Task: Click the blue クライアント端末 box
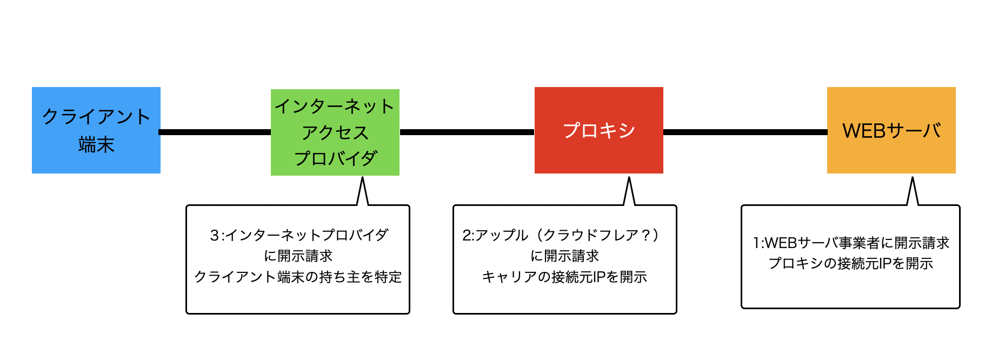pos(96,130)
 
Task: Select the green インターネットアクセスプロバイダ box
pos(335,132)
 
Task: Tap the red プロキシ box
pos(599,130)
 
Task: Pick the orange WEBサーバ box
pos(891,130)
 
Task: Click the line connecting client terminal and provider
pos(215,132)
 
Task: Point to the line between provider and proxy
pos(467,132)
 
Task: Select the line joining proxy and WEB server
pos(745,132)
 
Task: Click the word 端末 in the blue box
pos(96,145)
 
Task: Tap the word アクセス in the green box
pos(335,132)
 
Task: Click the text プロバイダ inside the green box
pos(335,158)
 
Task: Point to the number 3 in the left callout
pos(214,235)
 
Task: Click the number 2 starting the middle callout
pos(467,235)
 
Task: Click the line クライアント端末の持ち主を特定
pos(298,277)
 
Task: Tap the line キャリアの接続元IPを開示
pos(564,277)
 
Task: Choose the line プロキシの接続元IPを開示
pos(851,263)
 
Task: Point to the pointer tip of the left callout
pos(362,178)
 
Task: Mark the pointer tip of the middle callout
pos(629,177)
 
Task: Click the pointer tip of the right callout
pos(913,177)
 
